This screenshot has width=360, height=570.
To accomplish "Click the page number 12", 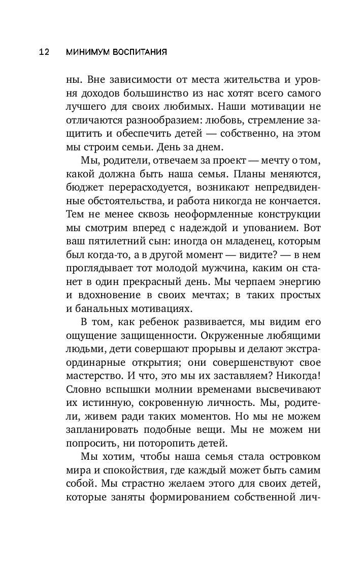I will pos(44,52).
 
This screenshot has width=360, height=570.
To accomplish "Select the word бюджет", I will pos(83,187).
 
